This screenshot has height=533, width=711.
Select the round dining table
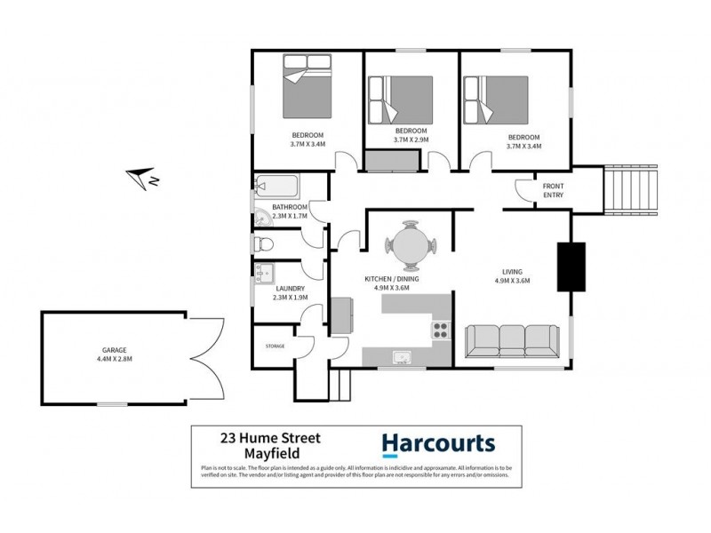pyautogui.click(x=409, y=244)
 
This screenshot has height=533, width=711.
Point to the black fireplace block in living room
pyautogui.click(x=568, y=266)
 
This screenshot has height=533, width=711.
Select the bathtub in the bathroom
pyautogui.click(x=278, y=187)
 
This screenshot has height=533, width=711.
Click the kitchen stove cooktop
pyautogui.click(x=440, y=331)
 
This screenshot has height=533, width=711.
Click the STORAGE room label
pyautogui.click(x=275, y=346)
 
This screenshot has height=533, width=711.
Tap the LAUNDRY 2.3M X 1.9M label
pyautogui.click(x=290, y=293)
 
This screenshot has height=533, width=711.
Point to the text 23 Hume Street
pyautogui.click(x=271, y=437)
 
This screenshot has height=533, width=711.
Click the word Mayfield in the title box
pyautogui.click(x=271, y=453)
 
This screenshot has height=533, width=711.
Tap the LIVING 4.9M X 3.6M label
pyautogui.click(x=511, y=276)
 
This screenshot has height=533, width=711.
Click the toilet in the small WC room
pyautogui.click(x=263, y=244)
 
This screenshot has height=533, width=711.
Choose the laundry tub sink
pyautogui.click(x=264, y=272)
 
